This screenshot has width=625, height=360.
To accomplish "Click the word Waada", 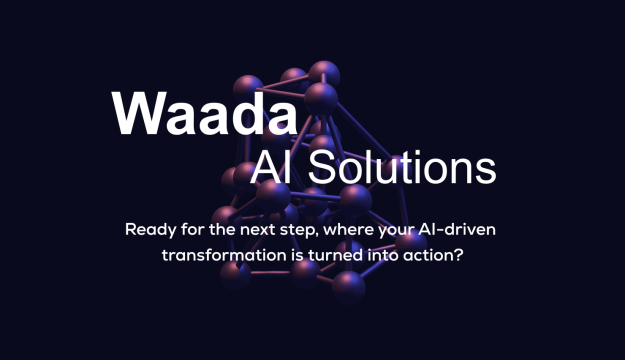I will point(204,113).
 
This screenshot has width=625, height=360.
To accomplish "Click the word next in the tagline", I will point(258,230).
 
